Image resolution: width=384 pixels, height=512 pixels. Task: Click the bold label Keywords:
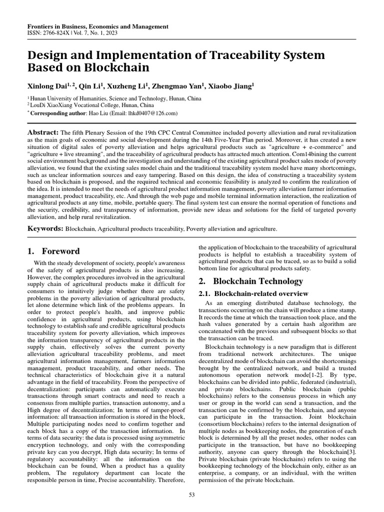[x=45, y=228]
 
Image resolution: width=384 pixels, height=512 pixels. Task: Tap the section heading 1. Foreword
[x=53, y=251]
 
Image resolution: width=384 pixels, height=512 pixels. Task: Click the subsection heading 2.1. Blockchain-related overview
[x=253, y=293]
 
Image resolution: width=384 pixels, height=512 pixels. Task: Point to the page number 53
[x=191, y=494]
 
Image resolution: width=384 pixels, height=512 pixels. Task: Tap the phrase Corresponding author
[x=57, y=113]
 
